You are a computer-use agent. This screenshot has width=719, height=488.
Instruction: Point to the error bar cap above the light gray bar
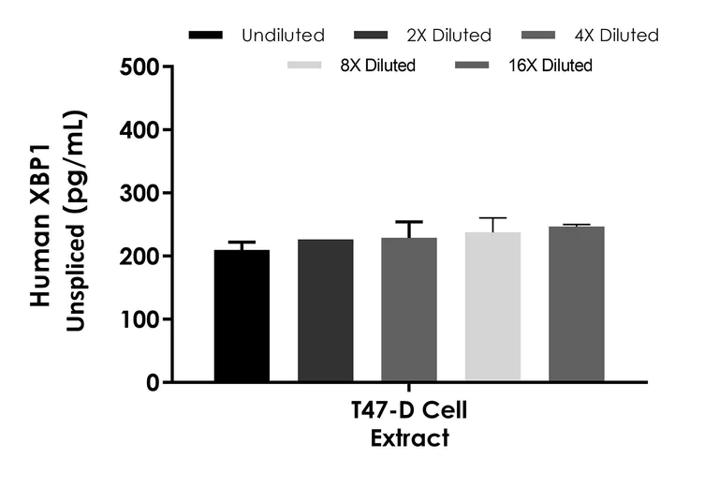coord(492,218)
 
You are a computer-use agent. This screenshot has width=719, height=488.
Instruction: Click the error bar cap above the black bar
coord(242,243)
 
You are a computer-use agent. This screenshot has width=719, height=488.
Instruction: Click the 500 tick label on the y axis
coord(139,67)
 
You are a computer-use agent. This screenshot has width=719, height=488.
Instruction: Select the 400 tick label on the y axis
coord(139,129)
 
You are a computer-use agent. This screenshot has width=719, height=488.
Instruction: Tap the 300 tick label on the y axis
coord(139,193)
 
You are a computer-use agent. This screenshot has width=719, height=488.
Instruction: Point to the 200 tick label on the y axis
coord(139,256)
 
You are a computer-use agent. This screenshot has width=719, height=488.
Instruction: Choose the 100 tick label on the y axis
coord(139,319)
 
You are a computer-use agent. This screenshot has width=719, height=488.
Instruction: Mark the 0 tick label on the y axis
coord(152,382)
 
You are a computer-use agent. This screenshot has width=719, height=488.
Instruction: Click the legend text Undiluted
coord(283,36)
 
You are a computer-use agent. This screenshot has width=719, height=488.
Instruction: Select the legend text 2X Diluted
coord(448,36)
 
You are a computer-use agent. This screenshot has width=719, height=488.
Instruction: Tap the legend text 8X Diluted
coord(377,66)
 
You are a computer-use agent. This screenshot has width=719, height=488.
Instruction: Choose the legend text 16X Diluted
coord(550,66)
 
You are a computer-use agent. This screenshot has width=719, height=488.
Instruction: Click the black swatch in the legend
coord(206,36)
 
